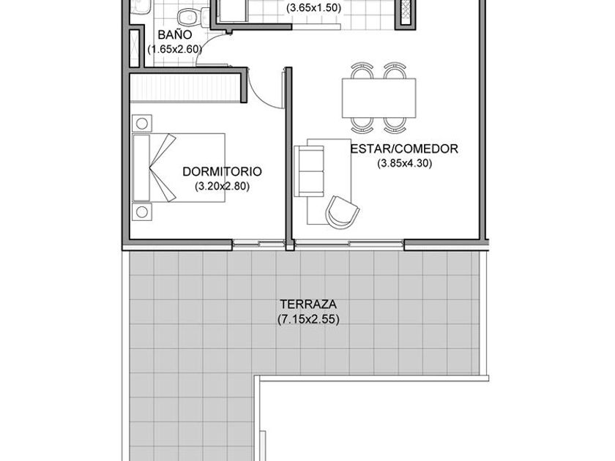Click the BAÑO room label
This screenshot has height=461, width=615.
tap(175, 35)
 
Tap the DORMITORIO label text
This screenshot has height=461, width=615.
tap(222, 172)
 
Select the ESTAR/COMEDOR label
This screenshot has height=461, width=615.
tap(404, 149)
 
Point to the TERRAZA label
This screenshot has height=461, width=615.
tap(308, 304)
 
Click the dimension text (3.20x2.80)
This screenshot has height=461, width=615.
tap(222, 187)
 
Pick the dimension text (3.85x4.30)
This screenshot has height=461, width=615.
tap(404, 163)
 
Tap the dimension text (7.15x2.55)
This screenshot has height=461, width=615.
tap(308, 320)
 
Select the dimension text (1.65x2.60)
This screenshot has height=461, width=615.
tap(175, 50)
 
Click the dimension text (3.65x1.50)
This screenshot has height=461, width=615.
tap(313, 8)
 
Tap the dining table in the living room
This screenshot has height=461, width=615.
tap(379, 97)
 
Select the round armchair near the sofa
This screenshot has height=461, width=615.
tap(343, 212)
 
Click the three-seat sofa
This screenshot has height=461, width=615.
tap(309, 171)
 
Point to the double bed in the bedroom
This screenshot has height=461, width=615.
tap(179, 168)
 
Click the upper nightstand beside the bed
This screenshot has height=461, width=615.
tap(142, 124)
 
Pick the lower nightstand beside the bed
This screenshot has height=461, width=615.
tap(142, 212)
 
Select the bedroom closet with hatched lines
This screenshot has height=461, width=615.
tap(184, 89)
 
